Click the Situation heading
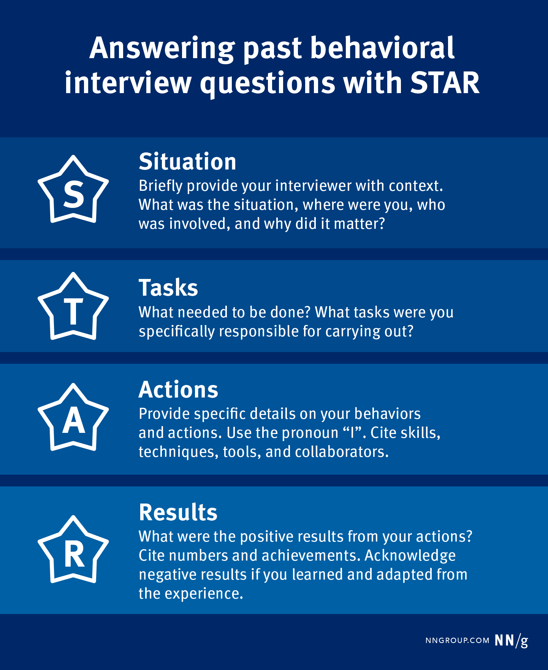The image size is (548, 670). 187,162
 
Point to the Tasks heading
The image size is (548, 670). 168,288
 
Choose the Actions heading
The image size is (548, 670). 178,390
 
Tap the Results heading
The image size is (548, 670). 178,512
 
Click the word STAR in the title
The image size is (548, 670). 445,83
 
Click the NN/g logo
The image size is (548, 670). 512,641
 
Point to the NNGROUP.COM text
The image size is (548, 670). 457,641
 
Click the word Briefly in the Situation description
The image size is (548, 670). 161,186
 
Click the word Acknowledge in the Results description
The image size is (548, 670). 410,556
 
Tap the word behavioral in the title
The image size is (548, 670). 382,48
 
